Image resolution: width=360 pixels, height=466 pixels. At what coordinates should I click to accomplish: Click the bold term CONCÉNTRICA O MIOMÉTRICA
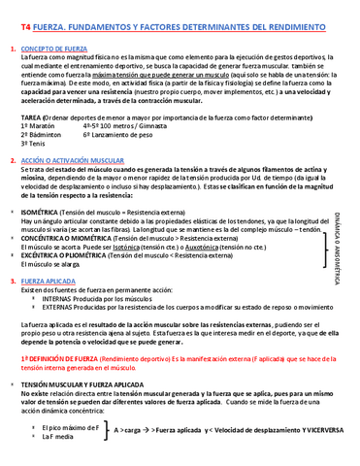[65, 237]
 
